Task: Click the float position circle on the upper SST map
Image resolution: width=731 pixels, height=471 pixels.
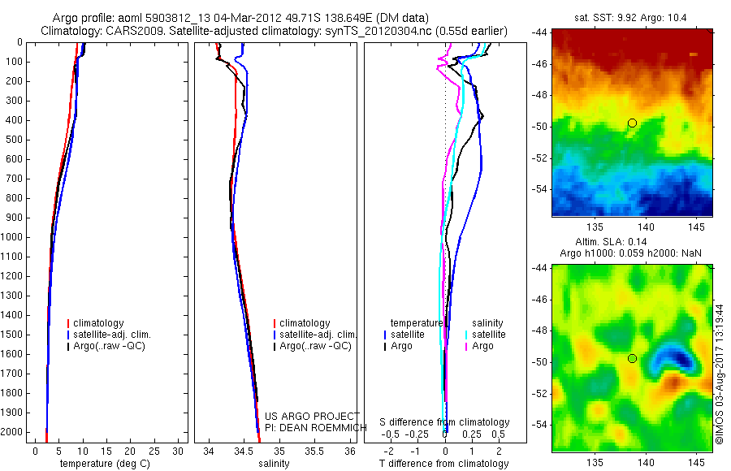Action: pos(632,123)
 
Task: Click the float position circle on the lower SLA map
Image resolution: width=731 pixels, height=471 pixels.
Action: pos(632,358)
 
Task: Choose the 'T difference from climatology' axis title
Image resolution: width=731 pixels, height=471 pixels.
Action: pos(443,464)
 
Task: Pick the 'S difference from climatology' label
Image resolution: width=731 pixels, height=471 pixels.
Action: pos(445,422)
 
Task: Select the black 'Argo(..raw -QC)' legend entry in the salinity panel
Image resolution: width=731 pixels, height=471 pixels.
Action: pos(315,346)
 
